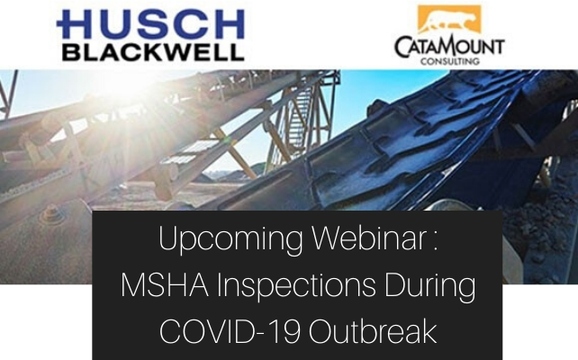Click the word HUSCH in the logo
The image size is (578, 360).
(x=149, y=24)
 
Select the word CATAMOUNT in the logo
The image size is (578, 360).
(x=449, y=47)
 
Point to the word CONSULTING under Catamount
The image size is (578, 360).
(x=449, y=62)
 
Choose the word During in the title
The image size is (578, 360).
(x=429, y=287)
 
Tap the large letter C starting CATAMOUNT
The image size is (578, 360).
(x=403, y=47)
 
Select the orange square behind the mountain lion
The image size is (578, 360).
(x=449, y=20)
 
